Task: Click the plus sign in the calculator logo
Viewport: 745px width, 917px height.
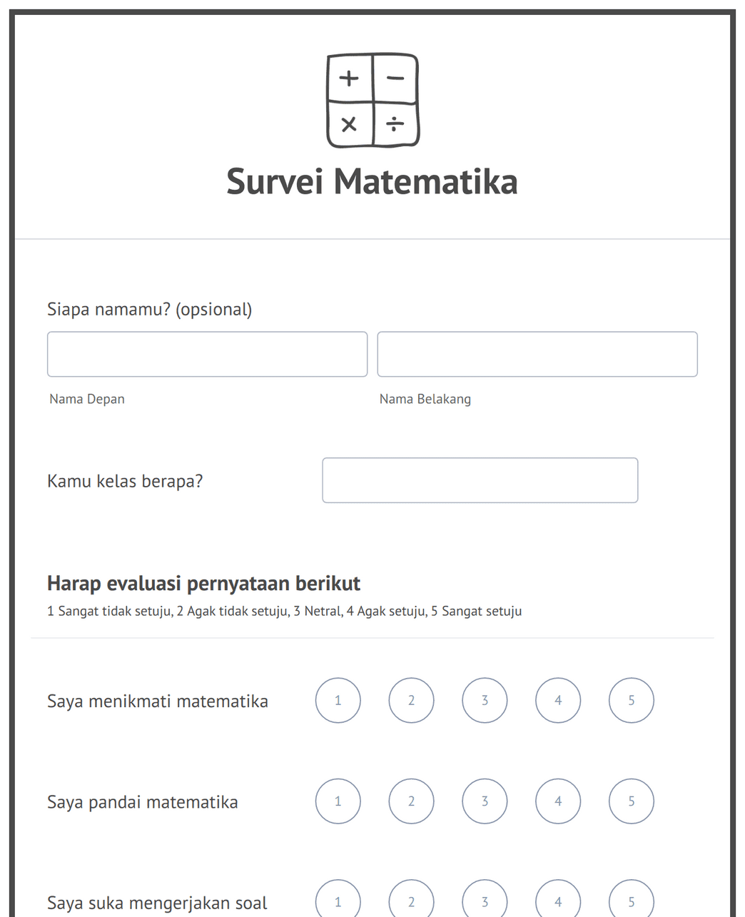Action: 349,78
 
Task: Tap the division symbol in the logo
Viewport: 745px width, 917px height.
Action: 395,124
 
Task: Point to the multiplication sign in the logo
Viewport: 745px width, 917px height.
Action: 349,125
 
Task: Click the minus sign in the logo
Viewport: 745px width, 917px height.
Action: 395,78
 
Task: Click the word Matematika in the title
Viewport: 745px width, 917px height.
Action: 425,181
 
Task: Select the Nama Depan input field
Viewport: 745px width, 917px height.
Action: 207,354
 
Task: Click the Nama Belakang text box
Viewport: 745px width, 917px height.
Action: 537,354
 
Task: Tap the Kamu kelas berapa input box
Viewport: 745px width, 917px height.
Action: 480,480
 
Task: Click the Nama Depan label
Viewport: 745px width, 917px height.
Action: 87,399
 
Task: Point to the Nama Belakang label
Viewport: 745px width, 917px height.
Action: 425,399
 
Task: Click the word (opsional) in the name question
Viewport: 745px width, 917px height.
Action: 213,310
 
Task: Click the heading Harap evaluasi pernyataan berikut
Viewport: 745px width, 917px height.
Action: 203,584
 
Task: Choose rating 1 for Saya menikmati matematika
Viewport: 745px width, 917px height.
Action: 338,700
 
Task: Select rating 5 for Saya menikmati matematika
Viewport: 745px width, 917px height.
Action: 632,700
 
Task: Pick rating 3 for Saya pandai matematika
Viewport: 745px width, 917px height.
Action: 485,801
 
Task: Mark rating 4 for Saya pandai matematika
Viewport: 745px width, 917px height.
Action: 558,801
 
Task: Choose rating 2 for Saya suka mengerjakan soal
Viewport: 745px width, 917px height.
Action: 411,901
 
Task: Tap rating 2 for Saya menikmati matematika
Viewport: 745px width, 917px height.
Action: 411,700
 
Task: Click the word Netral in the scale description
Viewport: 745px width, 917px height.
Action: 323,612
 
